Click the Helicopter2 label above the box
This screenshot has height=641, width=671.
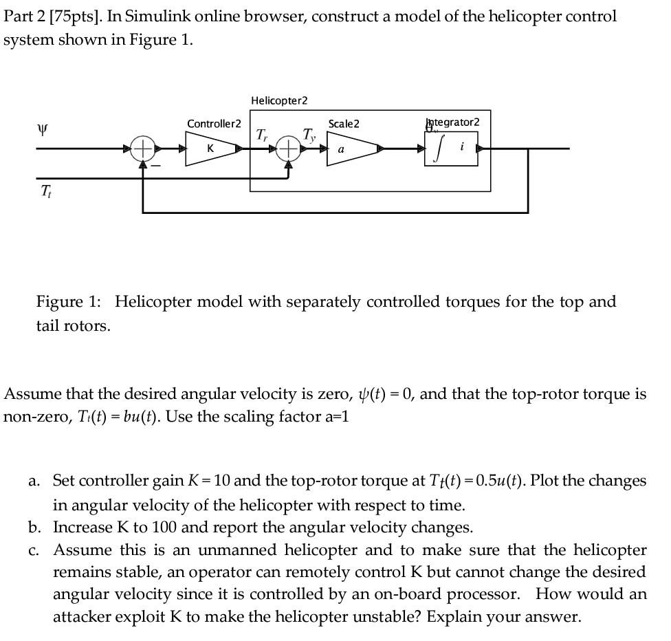279,100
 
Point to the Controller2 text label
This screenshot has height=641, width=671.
214,124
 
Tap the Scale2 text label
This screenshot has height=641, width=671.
344,124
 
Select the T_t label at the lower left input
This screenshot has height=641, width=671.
46,190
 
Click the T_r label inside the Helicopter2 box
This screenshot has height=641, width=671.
262,134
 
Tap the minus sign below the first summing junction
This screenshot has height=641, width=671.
156,166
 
